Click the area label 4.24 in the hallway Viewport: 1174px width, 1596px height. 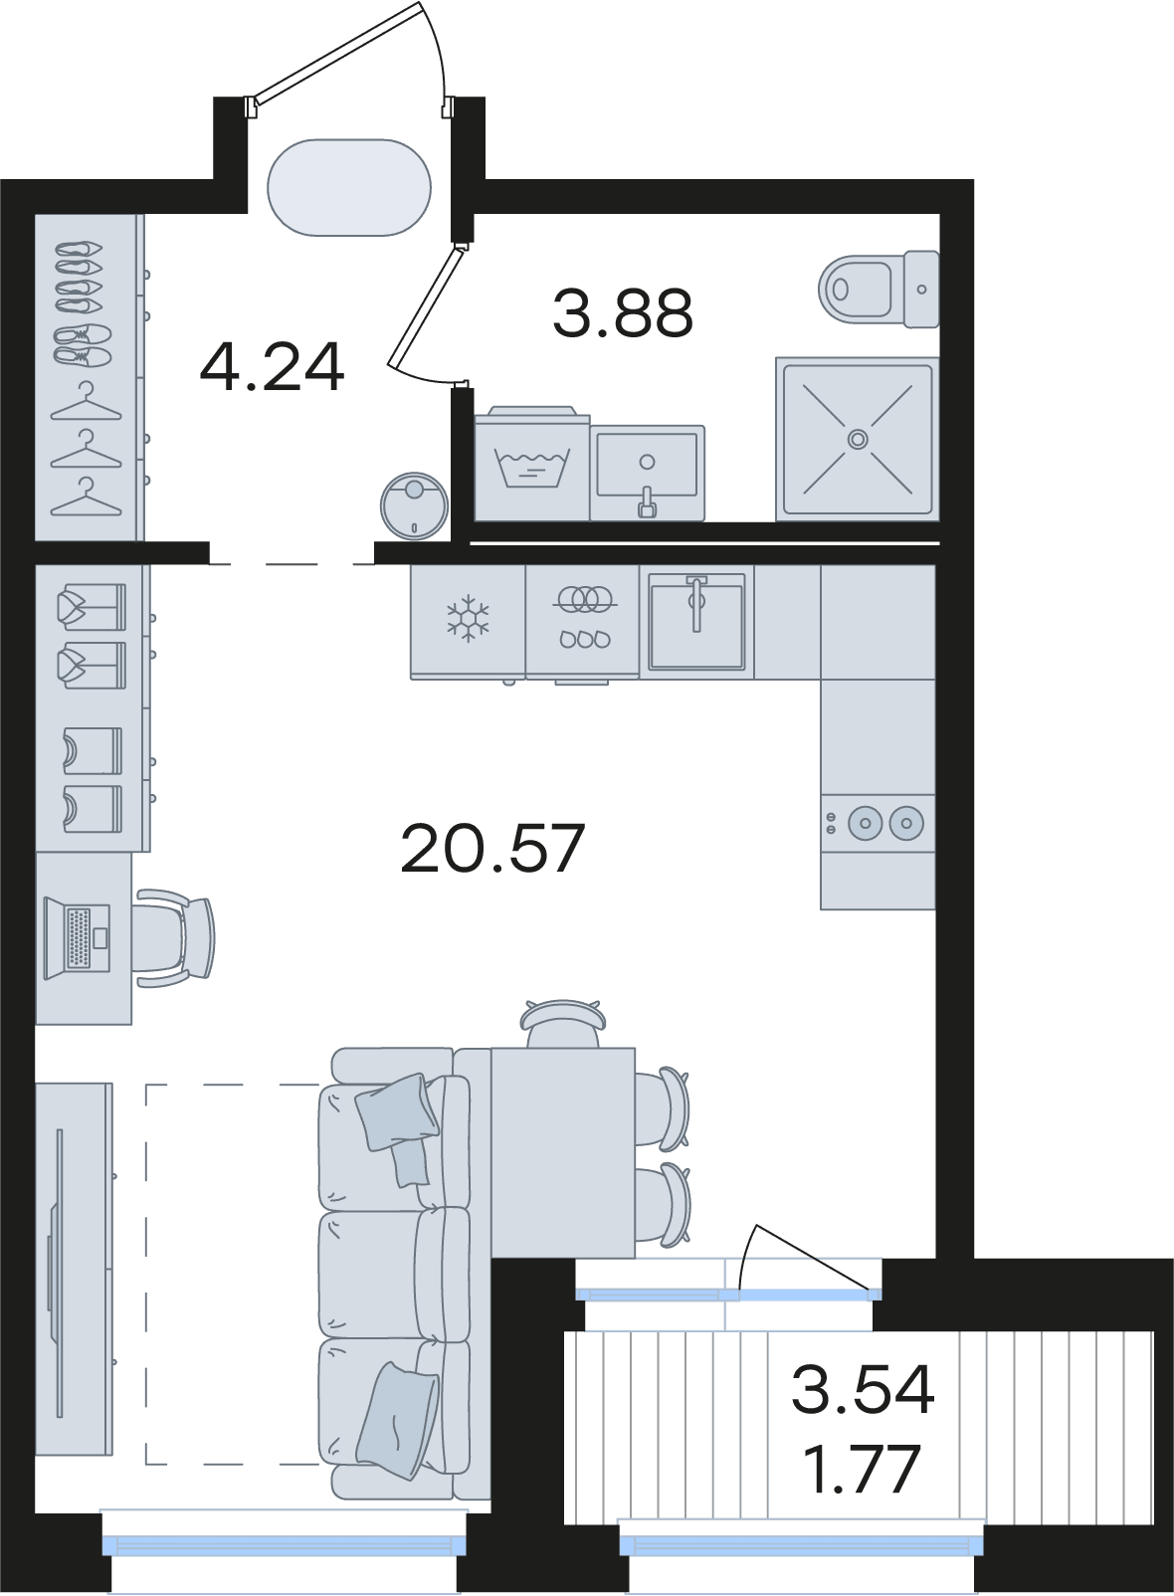273,367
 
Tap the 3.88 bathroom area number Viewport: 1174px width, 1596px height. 623,313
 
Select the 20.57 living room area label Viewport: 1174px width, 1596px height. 492,848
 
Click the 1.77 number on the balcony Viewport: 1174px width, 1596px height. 863,1468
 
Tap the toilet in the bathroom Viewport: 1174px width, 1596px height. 879,289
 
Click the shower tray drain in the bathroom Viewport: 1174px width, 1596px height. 859,438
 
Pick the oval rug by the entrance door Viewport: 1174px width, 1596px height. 350,187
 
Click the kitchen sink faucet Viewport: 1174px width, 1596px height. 696,601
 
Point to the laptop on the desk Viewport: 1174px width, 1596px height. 78,938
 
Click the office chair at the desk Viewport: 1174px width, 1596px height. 174,937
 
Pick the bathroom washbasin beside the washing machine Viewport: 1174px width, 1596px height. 648,473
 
